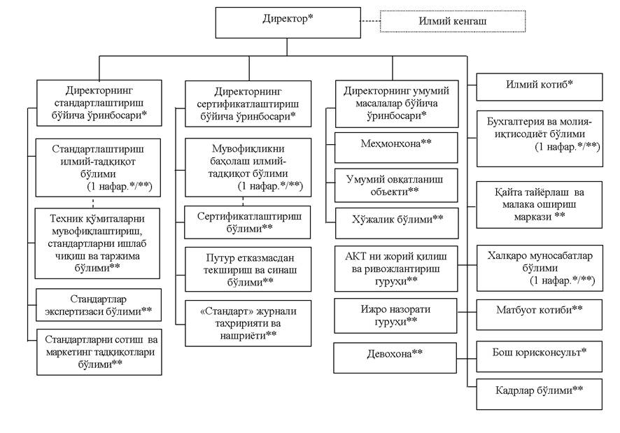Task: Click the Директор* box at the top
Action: coord(288,22)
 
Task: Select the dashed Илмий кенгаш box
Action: coord(453,22)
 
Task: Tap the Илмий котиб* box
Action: coord(540,87)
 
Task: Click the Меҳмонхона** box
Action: coord(396,148)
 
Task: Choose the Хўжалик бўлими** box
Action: coord(397,223)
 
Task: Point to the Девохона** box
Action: coord(395,358)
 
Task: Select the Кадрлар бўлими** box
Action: coord(540,395)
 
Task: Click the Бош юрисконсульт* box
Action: coord(540,357)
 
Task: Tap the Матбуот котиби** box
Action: coord(540,315)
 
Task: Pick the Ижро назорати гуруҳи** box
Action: coord(395,315)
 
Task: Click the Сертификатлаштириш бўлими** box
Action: coord(248,222)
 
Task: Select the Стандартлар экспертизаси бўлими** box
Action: coord(99,304)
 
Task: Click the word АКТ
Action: coord(355,256)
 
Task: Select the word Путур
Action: coord(220,258)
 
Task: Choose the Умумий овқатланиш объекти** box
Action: coord(396,185)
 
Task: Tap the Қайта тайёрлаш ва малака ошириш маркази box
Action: coord(540,205)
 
